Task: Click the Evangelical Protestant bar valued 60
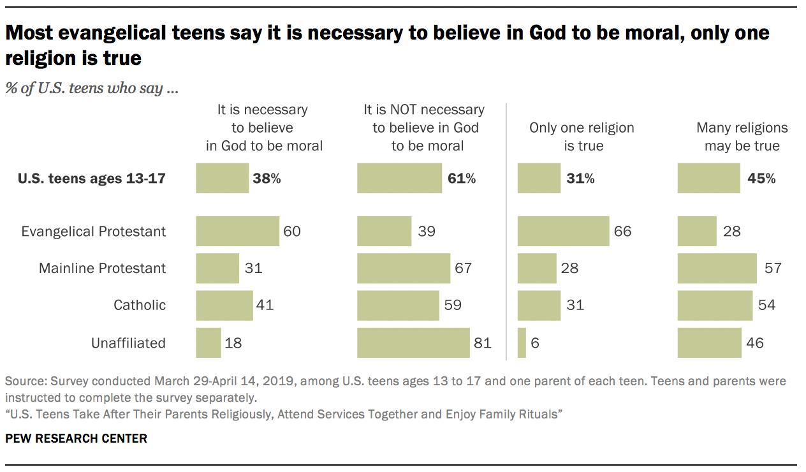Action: [237, 231]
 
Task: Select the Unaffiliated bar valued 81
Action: [413, 343]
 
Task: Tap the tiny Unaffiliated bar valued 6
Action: [522, 343]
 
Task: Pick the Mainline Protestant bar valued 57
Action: [717, 268]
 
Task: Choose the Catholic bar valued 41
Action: [224, 305]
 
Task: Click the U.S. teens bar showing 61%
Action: [399, 178]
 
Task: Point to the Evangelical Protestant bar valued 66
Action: [564, 231]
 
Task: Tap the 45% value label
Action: [761, 179]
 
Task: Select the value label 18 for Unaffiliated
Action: [233, 343]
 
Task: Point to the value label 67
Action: [463, 268]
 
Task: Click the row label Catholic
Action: [140, 305]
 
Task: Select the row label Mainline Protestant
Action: [102, 268]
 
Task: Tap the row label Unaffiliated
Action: [128, 343]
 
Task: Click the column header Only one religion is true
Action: [582, 136]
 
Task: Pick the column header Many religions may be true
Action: [742, 136]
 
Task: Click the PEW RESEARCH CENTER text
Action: [76, 438]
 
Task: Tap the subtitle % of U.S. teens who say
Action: [92, 88]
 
